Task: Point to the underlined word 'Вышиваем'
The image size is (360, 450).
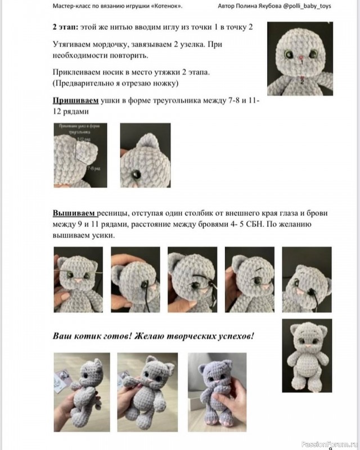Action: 74,214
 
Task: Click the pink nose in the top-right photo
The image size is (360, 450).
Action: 301,57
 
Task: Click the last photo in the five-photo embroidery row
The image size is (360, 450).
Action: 307,279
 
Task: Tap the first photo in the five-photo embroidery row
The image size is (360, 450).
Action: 78,279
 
